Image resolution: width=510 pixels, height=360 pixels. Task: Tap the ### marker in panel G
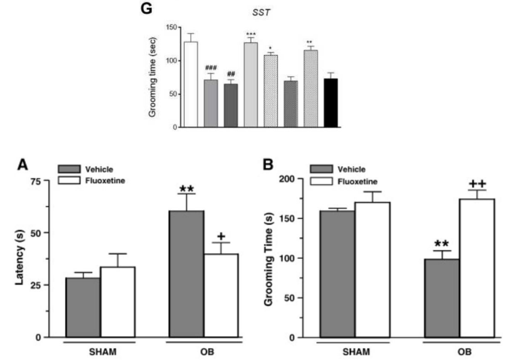point(211,67)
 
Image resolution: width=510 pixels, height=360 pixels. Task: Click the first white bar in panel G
point(191,84)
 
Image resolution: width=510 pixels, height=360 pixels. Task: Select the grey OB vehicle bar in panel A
point(186,274)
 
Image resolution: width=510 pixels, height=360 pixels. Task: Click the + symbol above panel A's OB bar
point(221,235)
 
